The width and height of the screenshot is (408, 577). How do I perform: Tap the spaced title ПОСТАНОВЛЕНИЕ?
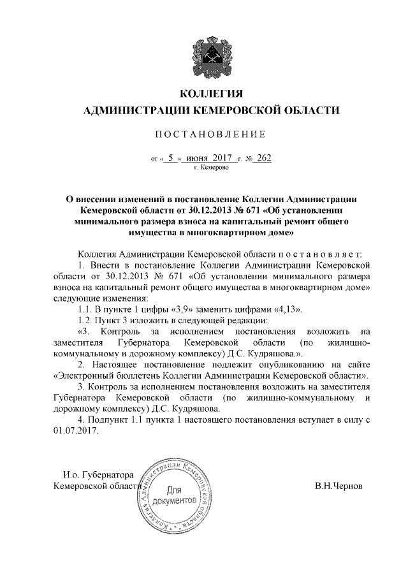pos(203,135)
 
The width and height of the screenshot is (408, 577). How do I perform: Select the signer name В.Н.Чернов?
pos(339,485)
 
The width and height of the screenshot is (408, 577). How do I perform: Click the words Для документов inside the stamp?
pos(180,495)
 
